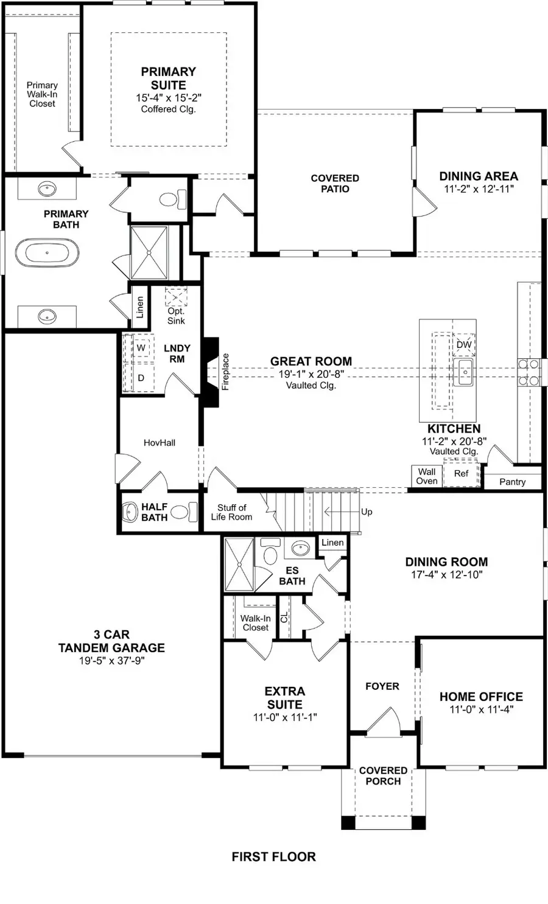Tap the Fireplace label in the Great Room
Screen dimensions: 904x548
(225, 372)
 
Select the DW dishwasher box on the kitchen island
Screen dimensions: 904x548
(464, 344)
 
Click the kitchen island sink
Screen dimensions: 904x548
(463, 372)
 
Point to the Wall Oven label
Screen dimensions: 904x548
(426, 476)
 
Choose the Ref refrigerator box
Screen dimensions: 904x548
(462, 473)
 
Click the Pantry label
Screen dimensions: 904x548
(512, 482)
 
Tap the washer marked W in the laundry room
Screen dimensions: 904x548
(141, 348)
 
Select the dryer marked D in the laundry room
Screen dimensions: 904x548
(141, 378)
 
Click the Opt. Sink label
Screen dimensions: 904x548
(176, 316)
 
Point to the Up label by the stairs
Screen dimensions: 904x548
(367, 512)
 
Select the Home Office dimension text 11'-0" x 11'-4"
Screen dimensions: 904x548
(481, 709)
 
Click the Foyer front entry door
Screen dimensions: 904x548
(382, 719)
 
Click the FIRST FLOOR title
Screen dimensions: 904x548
(273, 857)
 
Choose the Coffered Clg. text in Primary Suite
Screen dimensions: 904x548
(168, 110)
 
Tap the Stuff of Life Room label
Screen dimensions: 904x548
(231, 512)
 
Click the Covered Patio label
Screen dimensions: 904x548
(335, 183)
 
